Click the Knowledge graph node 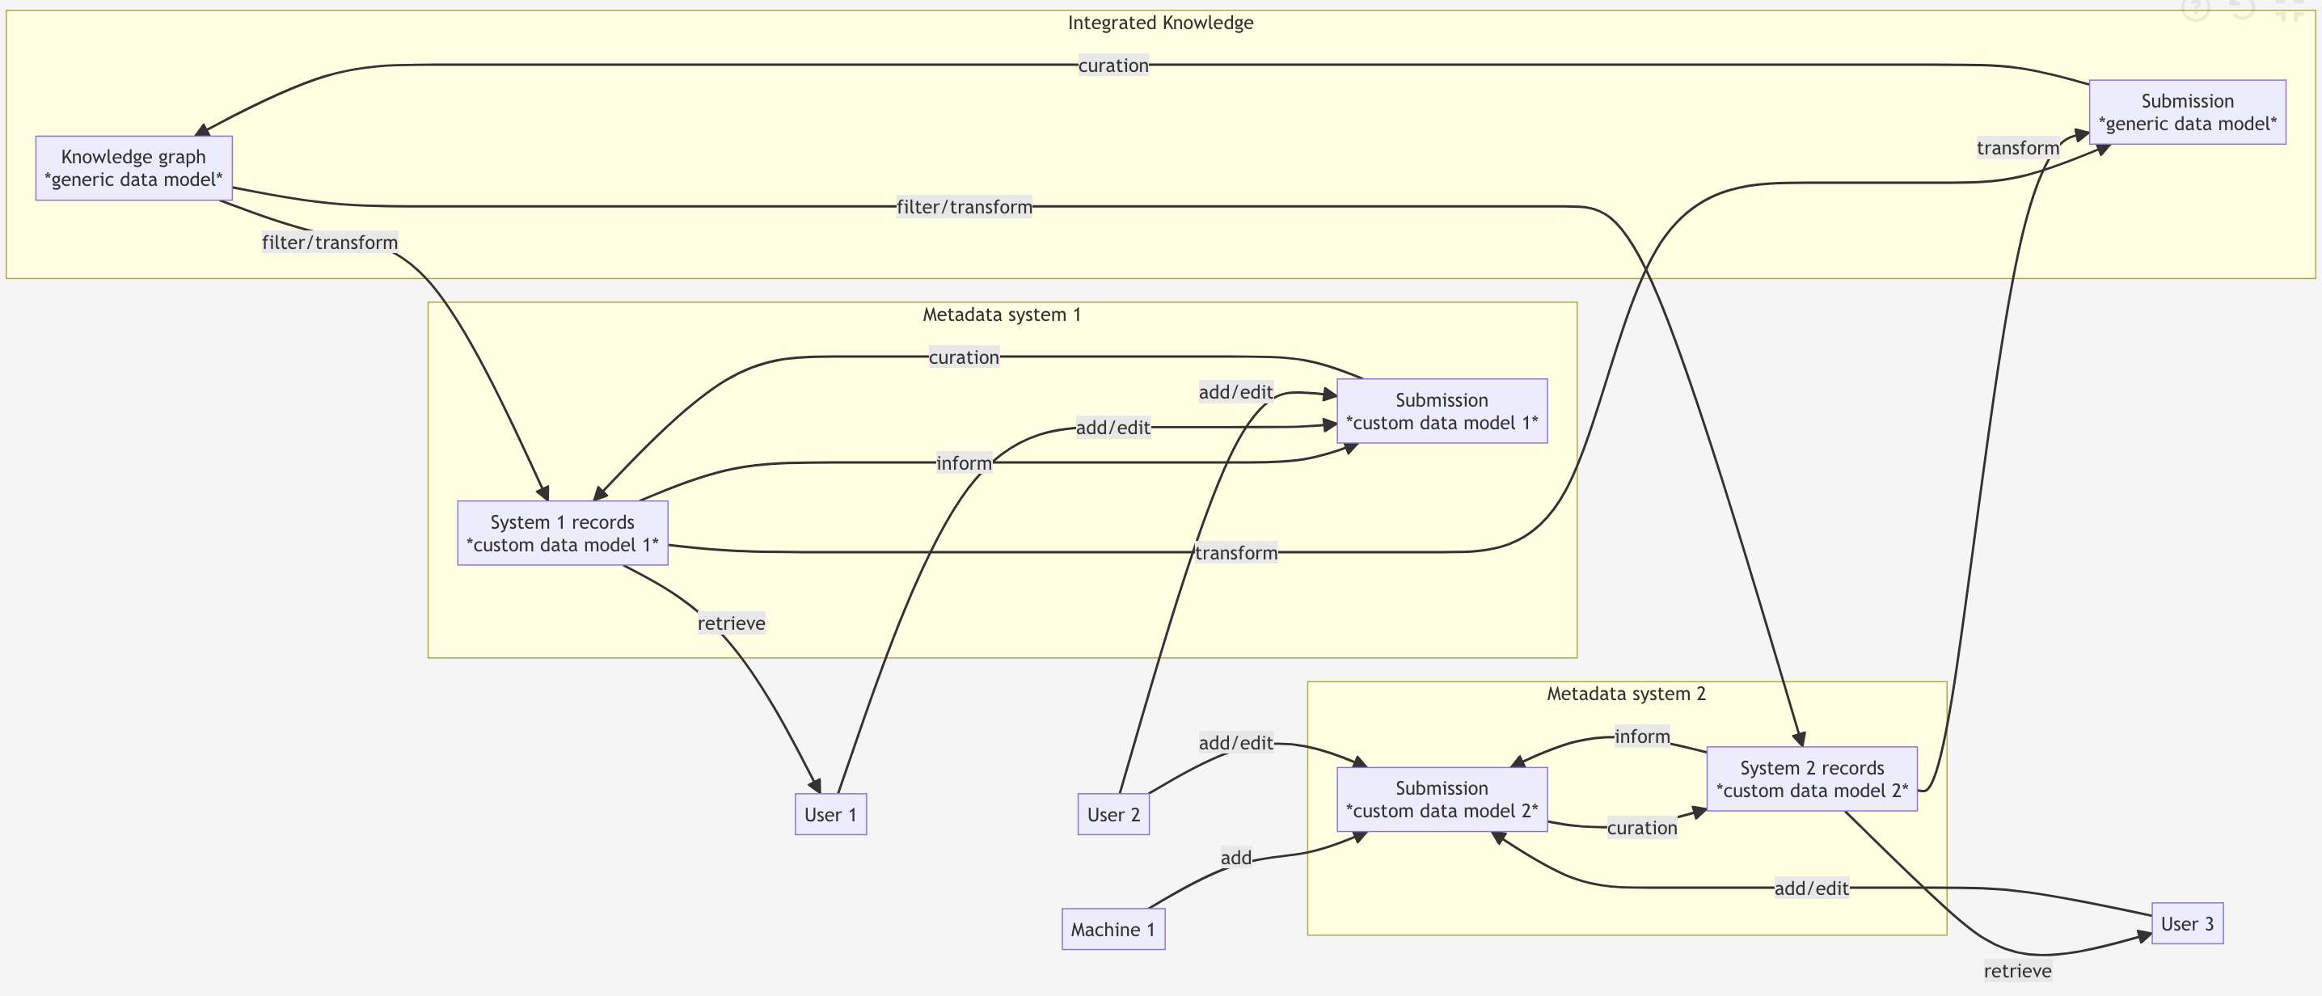click(133, 167)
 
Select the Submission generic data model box click(2187, 112)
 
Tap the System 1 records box click(563, 533)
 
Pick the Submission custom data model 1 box click(1442, 411)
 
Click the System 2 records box click(1812, 779)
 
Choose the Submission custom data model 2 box click(1442, 800)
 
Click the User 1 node click(830, 814)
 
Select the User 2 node click(1113, 814)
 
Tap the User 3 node click(2187, 923)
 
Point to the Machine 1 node click(1113, 929)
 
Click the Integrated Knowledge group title click(1160, 23)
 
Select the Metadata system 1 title click(1002, 314)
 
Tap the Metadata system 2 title click(1626, 693)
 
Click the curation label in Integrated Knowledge click(1113, 65)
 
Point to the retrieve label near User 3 click(2017, 971)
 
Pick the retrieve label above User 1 click(731, 622)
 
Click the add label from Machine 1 click(1236, 858)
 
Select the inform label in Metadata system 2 click(1641, 736)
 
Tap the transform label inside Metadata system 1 click(1236, 552)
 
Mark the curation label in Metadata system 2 click(1641, 828)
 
